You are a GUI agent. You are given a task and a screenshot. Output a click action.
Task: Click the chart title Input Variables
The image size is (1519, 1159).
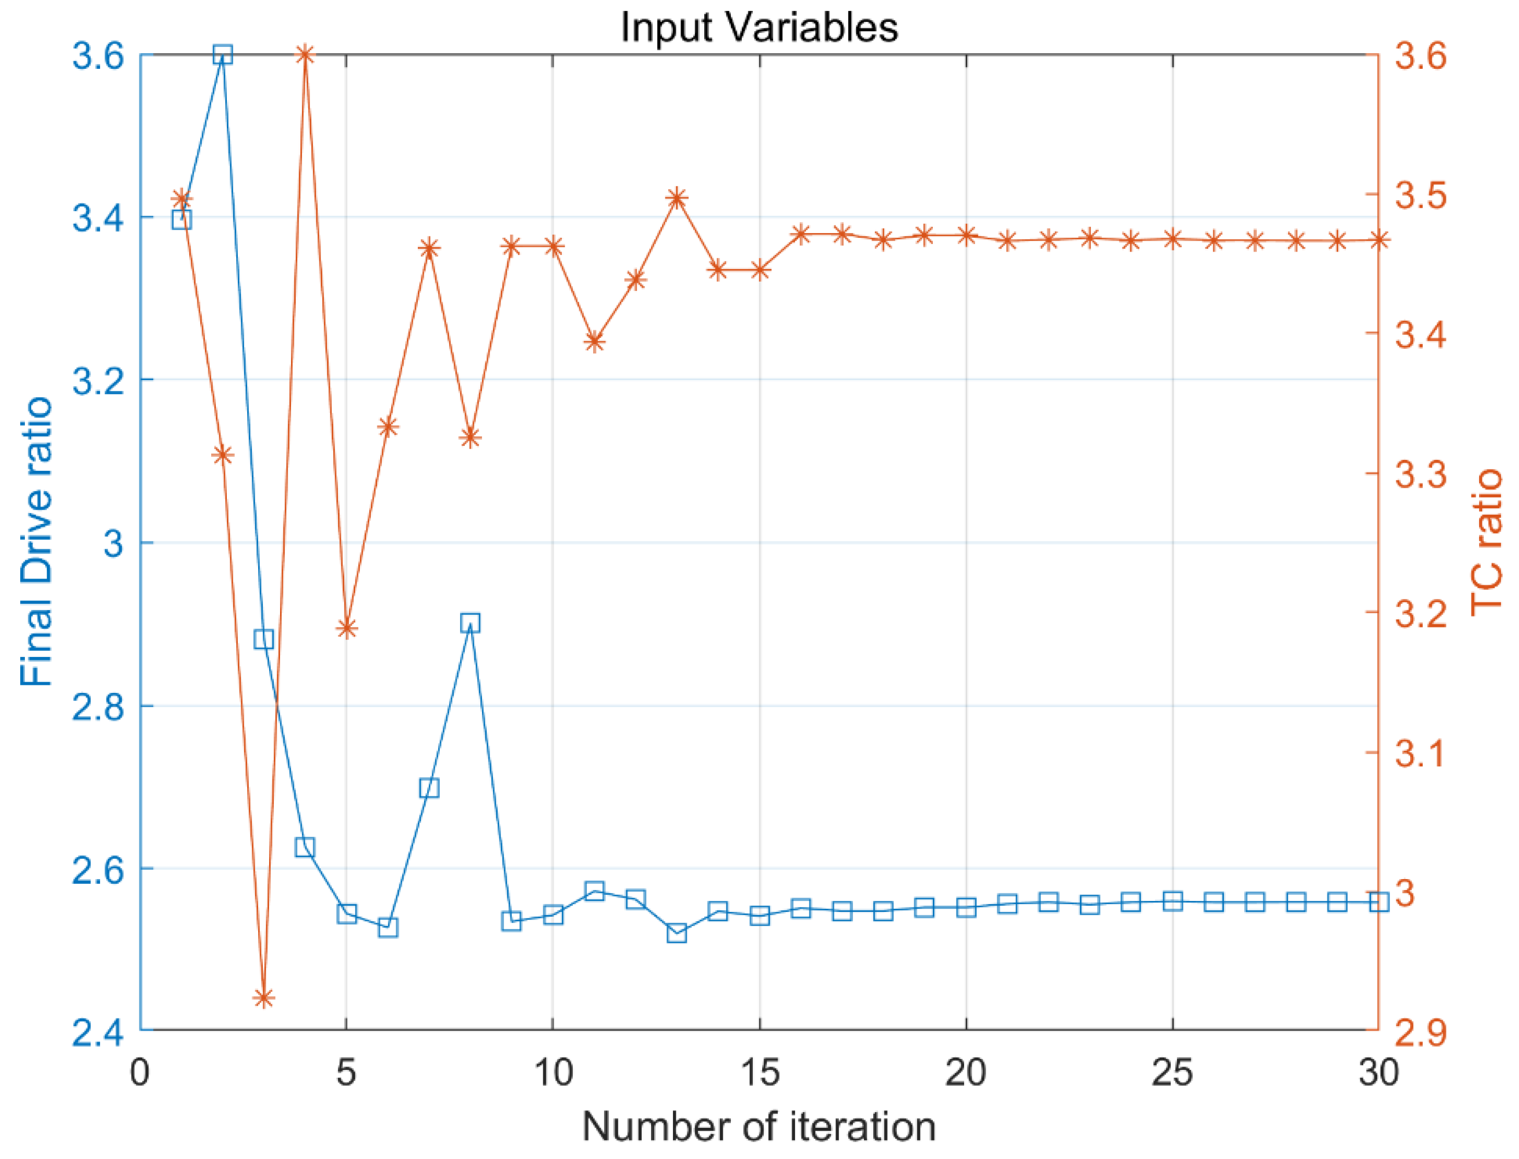coord(759,28)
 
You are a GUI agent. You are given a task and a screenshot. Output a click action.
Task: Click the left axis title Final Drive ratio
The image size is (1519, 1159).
coord(36,541)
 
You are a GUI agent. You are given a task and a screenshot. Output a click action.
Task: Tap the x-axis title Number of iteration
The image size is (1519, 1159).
coord(759,1126)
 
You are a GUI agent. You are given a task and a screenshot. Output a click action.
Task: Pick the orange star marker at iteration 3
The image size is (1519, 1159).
coord(264,998)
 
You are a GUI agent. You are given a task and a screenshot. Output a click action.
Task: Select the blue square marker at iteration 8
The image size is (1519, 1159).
coord(470,623)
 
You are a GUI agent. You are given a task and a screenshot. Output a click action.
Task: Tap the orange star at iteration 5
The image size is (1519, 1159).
coord(347,629)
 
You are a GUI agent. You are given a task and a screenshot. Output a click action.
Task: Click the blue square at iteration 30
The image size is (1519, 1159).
coord(1378,902)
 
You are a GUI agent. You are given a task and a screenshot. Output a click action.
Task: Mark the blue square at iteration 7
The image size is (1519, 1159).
coord(429,788)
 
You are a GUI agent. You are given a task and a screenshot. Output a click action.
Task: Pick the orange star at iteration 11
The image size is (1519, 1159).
coord(594,341)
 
